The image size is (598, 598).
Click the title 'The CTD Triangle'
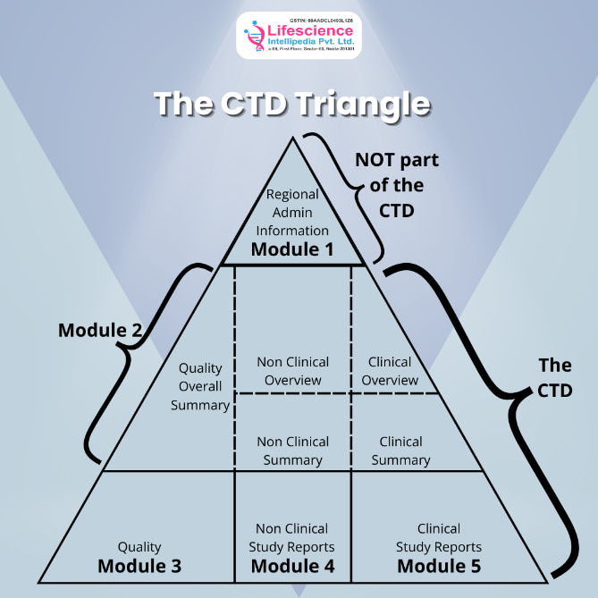coord(292,104)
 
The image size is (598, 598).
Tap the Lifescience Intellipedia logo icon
coord(257,37)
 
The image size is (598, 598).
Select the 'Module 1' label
coord(292,248)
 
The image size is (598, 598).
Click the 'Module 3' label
coord(139,566)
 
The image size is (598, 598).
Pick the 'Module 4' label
coord(292,566)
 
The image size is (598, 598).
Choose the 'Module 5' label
coord(439,566)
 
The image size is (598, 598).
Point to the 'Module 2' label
coord(100,331)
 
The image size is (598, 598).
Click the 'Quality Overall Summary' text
coord(205,386)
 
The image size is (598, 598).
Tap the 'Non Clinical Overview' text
coord(292,371)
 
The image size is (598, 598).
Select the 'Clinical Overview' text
coord(391,371)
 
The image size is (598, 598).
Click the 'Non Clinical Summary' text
coord(292,451)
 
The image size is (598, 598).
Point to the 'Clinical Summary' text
coord(400,451)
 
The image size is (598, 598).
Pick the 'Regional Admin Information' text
coord(292,212)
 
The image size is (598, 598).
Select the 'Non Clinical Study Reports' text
coord(292,537)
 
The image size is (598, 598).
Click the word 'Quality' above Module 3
coord(139,546)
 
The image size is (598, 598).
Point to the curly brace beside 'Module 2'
coord(143,358)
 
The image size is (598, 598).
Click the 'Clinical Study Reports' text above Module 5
coord(439,537)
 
